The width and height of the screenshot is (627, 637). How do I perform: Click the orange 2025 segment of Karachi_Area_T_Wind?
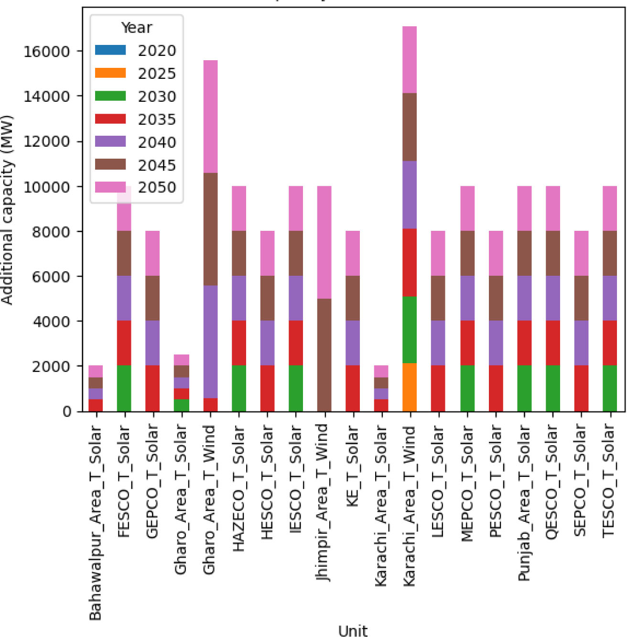click(410, 387)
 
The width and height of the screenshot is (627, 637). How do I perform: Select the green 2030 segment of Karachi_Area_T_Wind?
click(410, 330)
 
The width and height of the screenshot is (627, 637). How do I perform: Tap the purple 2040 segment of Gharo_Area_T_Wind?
click(210, 342)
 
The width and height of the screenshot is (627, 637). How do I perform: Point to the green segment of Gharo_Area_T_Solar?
click(182, 405)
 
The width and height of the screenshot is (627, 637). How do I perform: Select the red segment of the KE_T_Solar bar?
click(353, 388)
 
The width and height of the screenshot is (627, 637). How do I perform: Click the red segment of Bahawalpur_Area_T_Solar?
click(96, 405)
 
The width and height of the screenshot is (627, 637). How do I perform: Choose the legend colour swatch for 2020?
click(110, 50)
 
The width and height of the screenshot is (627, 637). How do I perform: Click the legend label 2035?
click(157, 119)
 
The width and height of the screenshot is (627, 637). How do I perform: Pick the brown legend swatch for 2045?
click(110, 165)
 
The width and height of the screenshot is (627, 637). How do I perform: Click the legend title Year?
click(136, 28)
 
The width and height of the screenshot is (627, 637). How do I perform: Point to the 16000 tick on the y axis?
click(46, 51)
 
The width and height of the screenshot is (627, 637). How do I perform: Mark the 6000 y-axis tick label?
click(51, 276)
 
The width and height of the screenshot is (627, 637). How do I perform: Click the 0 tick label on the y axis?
click(66, 411)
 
